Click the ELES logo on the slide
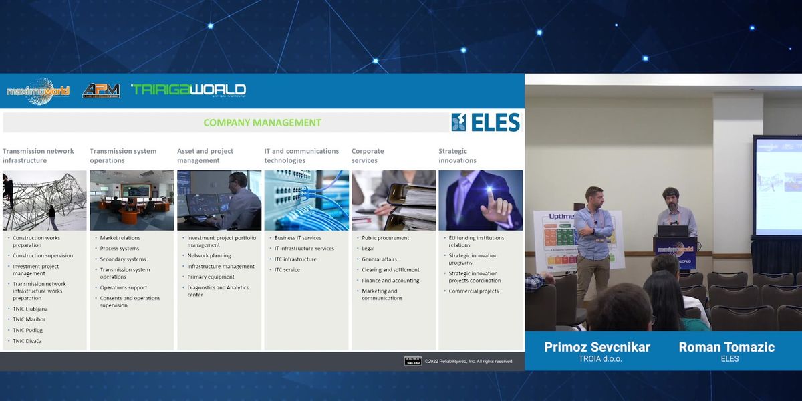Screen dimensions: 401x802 tap(486, 122)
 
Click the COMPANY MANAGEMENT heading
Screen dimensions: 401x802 tap(262, 123)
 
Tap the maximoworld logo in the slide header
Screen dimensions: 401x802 tap(38, 91)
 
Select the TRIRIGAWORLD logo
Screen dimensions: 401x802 tap(188, 90)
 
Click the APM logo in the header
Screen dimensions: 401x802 tap(101, 90)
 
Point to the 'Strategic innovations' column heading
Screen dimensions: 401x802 tap(457, 156)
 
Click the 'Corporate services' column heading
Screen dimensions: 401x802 tap(368, 156)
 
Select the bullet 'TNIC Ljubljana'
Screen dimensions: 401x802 tap(30, 309)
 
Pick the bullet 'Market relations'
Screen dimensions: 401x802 tap(120, 238)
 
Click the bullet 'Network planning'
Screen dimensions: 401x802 tap(209, 255)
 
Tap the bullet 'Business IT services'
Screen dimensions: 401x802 tap(297, 238)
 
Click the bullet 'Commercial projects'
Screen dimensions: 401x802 tap(473, 291)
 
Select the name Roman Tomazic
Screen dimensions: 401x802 tap(726, 347)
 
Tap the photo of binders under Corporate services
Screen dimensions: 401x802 tap(394, 200)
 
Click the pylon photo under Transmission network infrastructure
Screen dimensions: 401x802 tap(44, 200)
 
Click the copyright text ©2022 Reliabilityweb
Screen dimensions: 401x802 tap(469, 362)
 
